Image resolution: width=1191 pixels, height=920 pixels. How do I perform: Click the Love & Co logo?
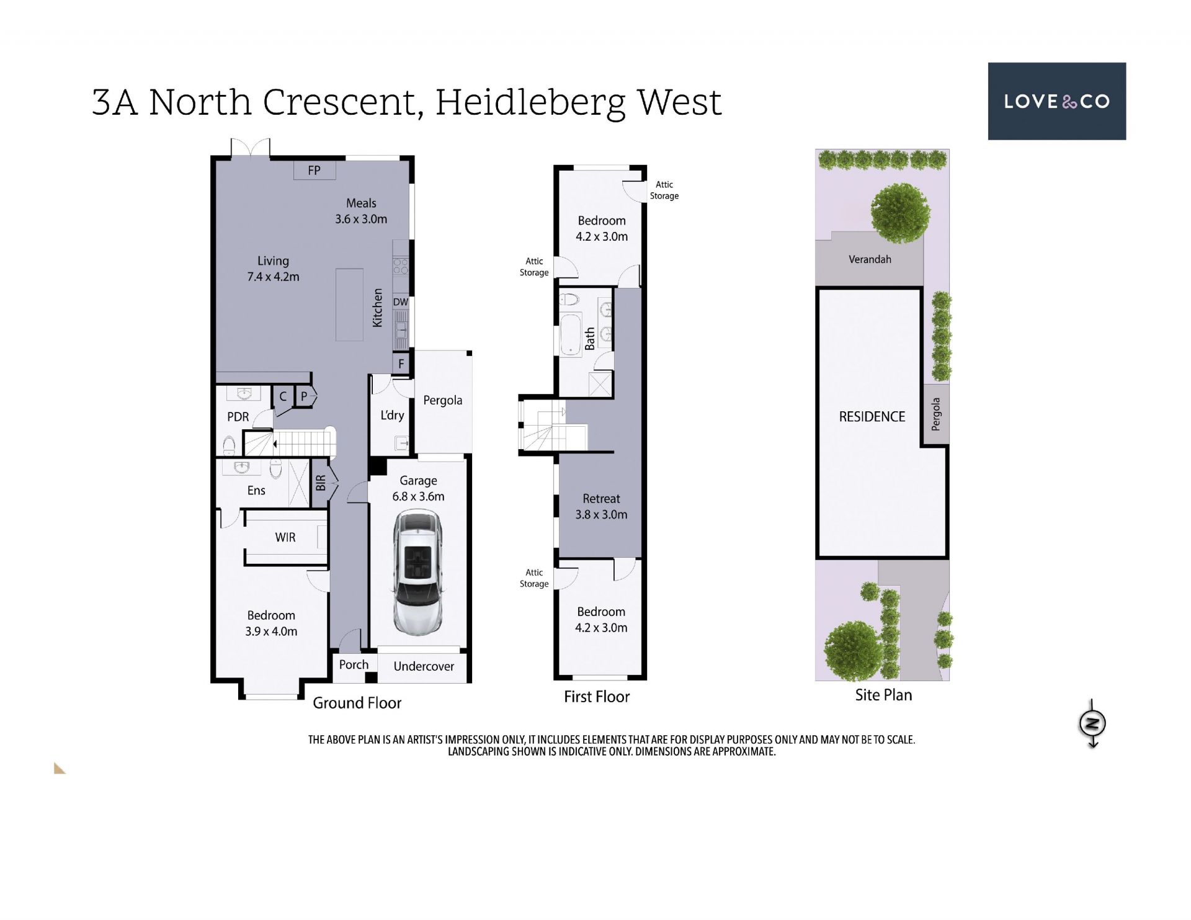click(1056, 101)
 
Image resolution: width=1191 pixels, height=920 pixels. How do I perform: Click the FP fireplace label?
click(314, 170)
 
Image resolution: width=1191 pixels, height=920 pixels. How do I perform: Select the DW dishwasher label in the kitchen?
click(401, 302)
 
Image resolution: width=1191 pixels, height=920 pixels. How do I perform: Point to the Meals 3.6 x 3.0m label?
click(361, 211)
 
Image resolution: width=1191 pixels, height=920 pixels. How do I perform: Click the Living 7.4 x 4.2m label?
click(273, 269)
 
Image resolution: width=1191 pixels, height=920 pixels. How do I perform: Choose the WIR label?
click(285, 537)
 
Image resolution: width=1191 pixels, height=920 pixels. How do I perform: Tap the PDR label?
click(238, 417)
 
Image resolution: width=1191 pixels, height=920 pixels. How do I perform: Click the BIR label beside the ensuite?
click(321, 483)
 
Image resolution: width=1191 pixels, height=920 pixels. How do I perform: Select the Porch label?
click(354, 664)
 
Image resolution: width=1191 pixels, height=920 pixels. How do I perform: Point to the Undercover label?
click(424, 666)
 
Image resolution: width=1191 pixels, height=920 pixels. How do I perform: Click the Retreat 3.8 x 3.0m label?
click(601, 506)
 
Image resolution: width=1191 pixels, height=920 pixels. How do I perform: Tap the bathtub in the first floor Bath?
click(571, 335)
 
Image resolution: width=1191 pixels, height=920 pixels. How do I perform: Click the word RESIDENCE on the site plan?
click(872, 417)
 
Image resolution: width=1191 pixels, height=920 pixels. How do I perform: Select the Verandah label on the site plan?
click(870, 259)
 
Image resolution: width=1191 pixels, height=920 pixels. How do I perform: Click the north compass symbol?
click(1093, 723)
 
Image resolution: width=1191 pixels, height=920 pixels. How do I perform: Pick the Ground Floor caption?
click(357, 703)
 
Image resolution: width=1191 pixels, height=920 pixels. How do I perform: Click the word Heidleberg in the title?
click(530, 103)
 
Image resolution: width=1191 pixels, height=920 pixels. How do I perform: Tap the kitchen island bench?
click(349, 305)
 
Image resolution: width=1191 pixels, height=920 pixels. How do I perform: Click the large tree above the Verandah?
click(900, 213)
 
